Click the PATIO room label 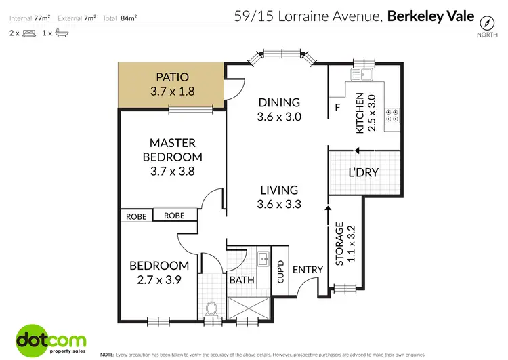[x=171, y=83]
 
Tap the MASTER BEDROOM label [x=172, y=157]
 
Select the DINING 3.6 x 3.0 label [x=279, y=109]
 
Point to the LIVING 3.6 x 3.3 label [x=279, y=197]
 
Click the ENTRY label [x=308, y=270]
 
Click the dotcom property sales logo [x=46, y=340]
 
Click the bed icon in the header [x=28, y=33]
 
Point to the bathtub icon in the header [x=60, y=33]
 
